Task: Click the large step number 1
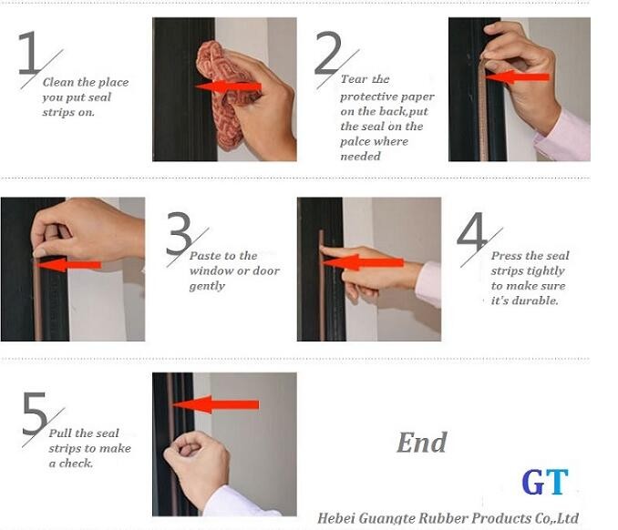pos(29,53)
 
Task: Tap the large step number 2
pos(327,53)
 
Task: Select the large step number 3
pos(179,233)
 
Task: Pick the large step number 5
pos(35,413)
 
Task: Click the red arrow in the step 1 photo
pos(228,87)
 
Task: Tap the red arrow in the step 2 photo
pos(517,76)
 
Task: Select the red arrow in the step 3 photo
pos(67,265)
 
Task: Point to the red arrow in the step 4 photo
pos(363,262)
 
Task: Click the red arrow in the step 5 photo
pos(216,404)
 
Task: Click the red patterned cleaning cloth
pos(219,95)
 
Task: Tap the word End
pos(422,443)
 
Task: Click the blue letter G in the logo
pos(533,482)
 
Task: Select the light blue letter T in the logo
pos(557,482)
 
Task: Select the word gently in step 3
pos(207,286)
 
